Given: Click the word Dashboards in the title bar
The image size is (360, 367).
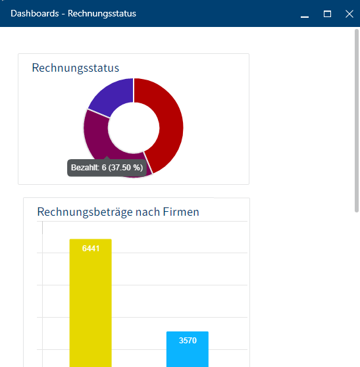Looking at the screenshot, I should tap(34, 13).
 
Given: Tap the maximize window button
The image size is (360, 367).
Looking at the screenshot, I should tap(327, 14).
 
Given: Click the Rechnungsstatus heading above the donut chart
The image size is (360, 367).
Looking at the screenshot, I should tap(75, 68).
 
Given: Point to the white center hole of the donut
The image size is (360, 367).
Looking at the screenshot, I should tap(134, 126).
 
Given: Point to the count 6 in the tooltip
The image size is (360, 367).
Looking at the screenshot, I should tap(104, 168).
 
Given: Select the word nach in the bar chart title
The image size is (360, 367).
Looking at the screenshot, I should tap(140, 212).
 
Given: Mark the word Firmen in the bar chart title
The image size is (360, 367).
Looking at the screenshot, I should tap(177, 212).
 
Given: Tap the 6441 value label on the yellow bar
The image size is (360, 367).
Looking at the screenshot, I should tap(91, 248).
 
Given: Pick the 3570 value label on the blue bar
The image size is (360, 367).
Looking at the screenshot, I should tap(188, 341).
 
